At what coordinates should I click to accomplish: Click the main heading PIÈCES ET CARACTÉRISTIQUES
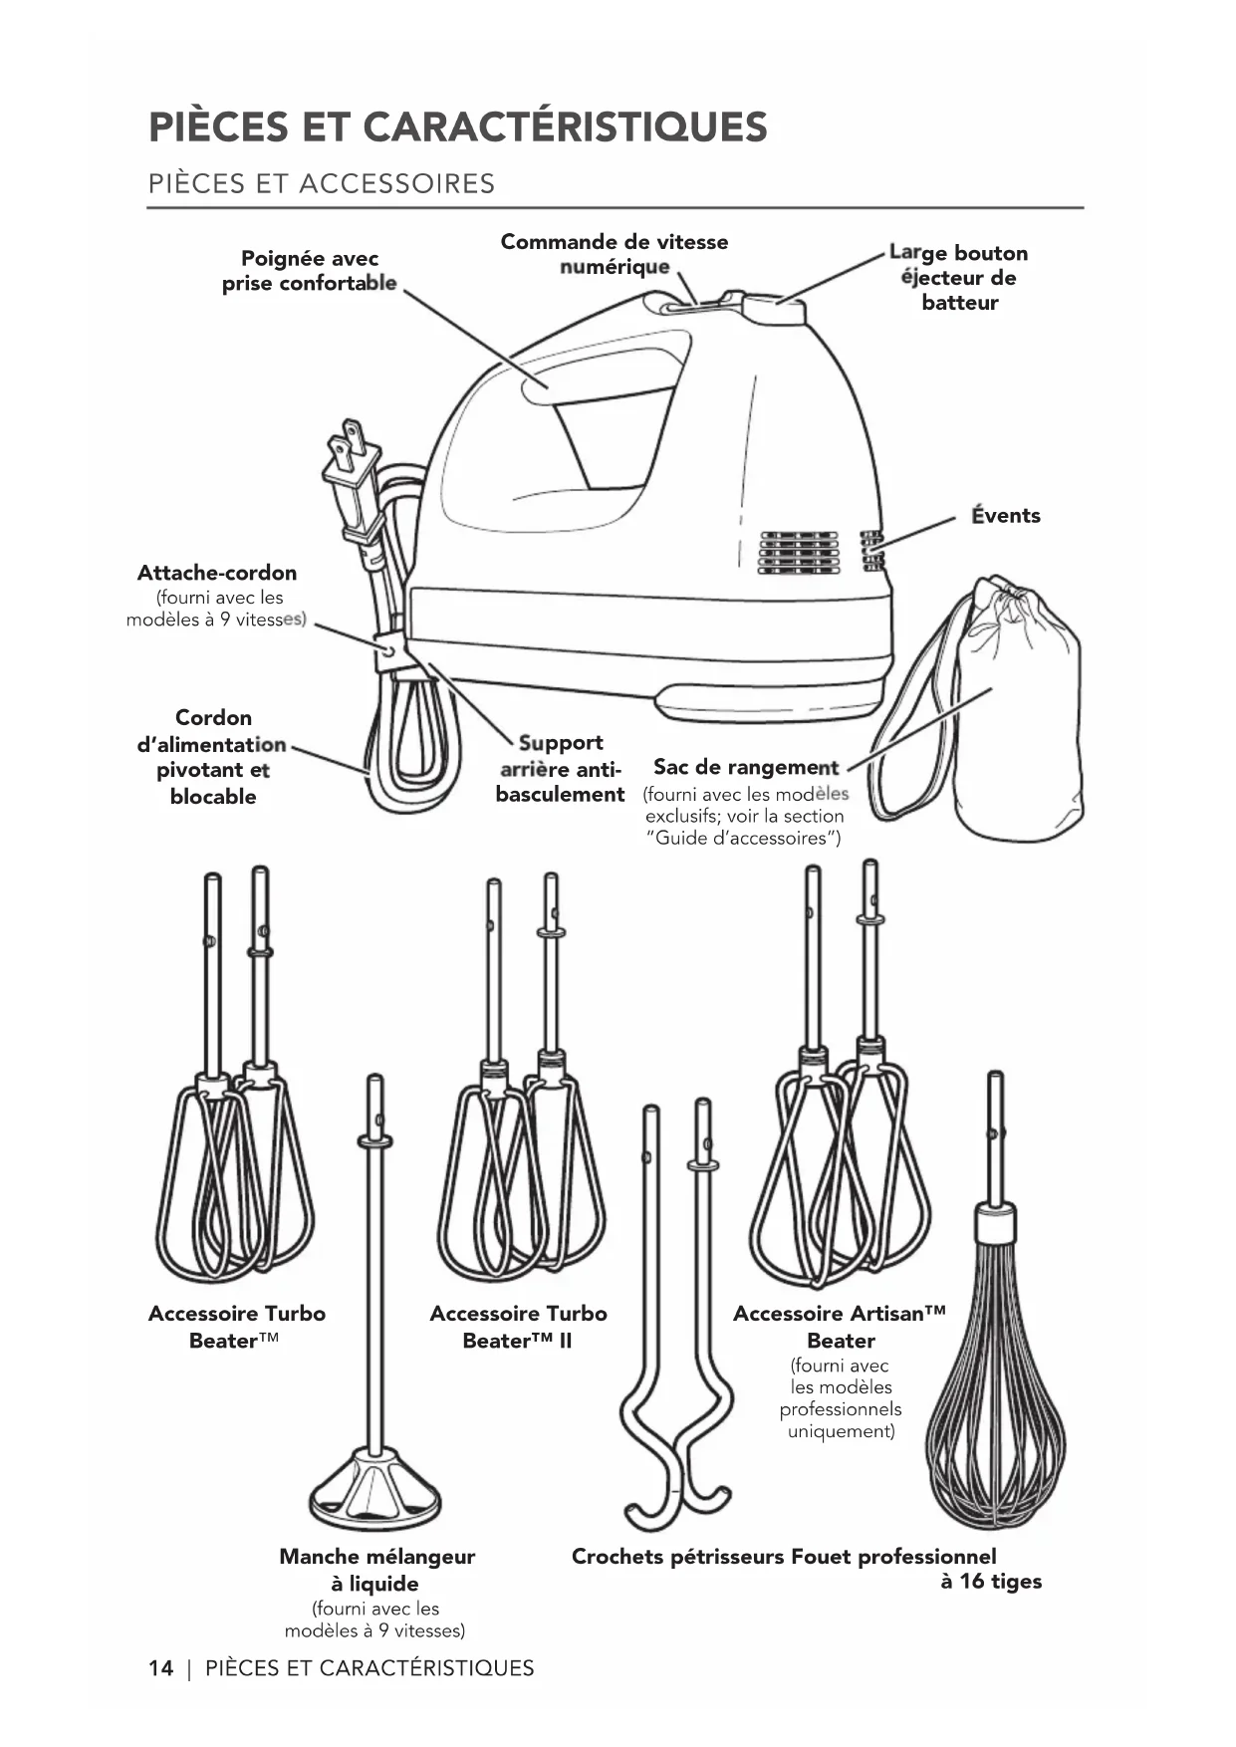pyautogui.click(x=458, y=127)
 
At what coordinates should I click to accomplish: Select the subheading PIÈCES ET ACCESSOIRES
pyautogui.click(x=321, y=184)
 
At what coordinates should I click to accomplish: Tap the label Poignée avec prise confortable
pyautogui.click(x=309, y=271)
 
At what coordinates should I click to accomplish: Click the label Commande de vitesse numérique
pyautogui.click(x=614, y=254)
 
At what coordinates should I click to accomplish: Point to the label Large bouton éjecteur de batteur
pyautogui.click(x=958, y=278)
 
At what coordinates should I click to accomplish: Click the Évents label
pyautogui.click(x=1006, y=516)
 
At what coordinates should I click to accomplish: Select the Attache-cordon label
pyautogui.click(x=217, y=574)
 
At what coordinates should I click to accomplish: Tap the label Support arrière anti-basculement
pyautogui.click(x=560, y=769)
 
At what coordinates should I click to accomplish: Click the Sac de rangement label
pyautogui.click(x=746, y=768)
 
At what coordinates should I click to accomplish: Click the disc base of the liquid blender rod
pyautogui.click(x=374, y=1489)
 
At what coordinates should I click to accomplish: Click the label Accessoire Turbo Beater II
pyautogui.click(x=518, y=1327)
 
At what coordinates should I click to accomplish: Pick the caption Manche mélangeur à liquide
pyautogui.click(x=376, y=1570)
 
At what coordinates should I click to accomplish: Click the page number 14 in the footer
pyautogui.click(x=160, y=1668)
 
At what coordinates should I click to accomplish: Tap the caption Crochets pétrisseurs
pyautogui.click(x=677, y=1557)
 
